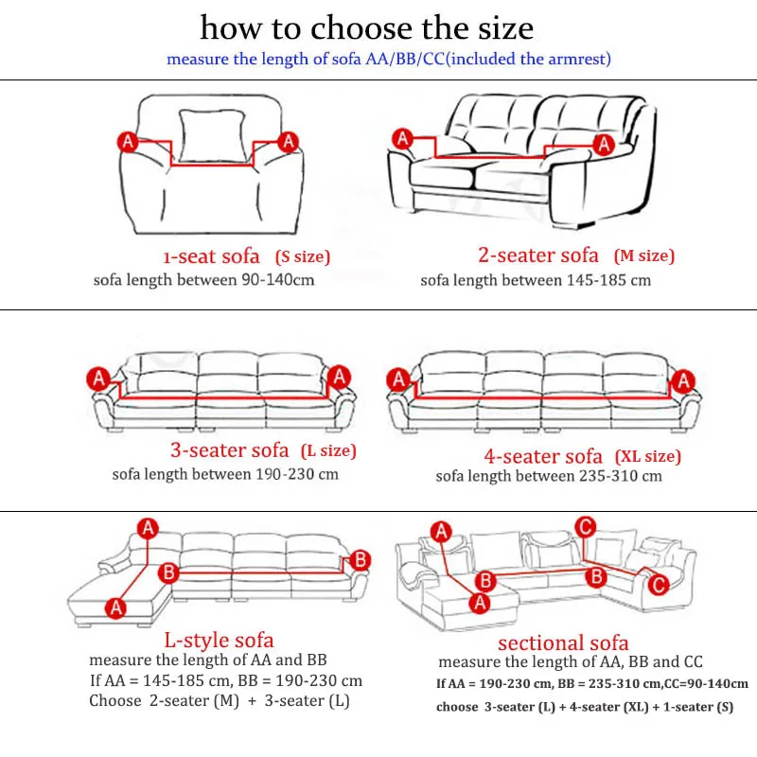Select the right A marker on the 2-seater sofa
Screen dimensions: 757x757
coord(603,143)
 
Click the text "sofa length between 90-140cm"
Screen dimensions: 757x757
coord(203,280)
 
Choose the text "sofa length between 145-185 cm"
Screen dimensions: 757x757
coord(536,280)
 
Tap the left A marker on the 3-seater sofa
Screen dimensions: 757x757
coord(97,378)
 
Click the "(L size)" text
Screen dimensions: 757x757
coord(327,450)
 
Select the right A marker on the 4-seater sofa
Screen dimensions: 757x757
coord(679,380)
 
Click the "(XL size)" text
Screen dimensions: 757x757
coord(647,456)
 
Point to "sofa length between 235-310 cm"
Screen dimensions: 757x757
coord(549,476)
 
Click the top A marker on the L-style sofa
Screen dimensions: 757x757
coord(149,529)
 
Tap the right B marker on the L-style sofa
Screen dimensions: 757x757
coord(360,560)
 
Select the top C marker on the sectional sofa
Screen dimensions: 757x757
coord(585,526)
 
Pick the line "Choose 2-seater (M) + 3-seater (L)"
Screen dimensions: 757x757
coord(220,701)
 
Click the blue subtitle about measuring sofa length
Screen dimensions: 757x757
coord(389,59)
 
